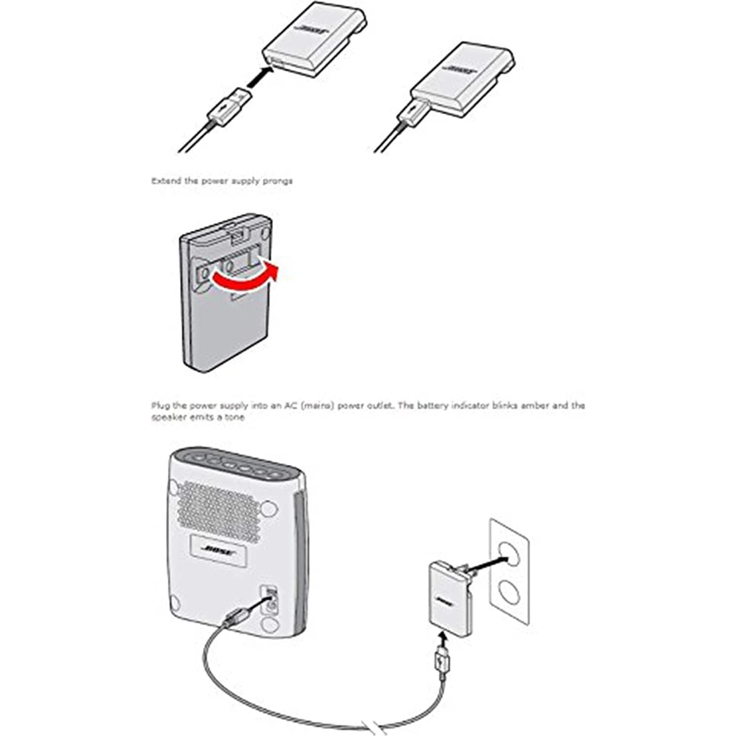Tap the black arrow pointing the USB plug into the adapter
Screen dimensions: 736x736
point(260,78)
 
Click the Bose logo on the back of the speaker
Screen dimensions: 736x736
point(217,550)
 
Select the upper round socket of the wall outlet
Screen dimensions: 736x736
point(509,555)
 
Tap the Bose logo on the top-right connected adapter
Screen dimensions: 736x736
point(459,69)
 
